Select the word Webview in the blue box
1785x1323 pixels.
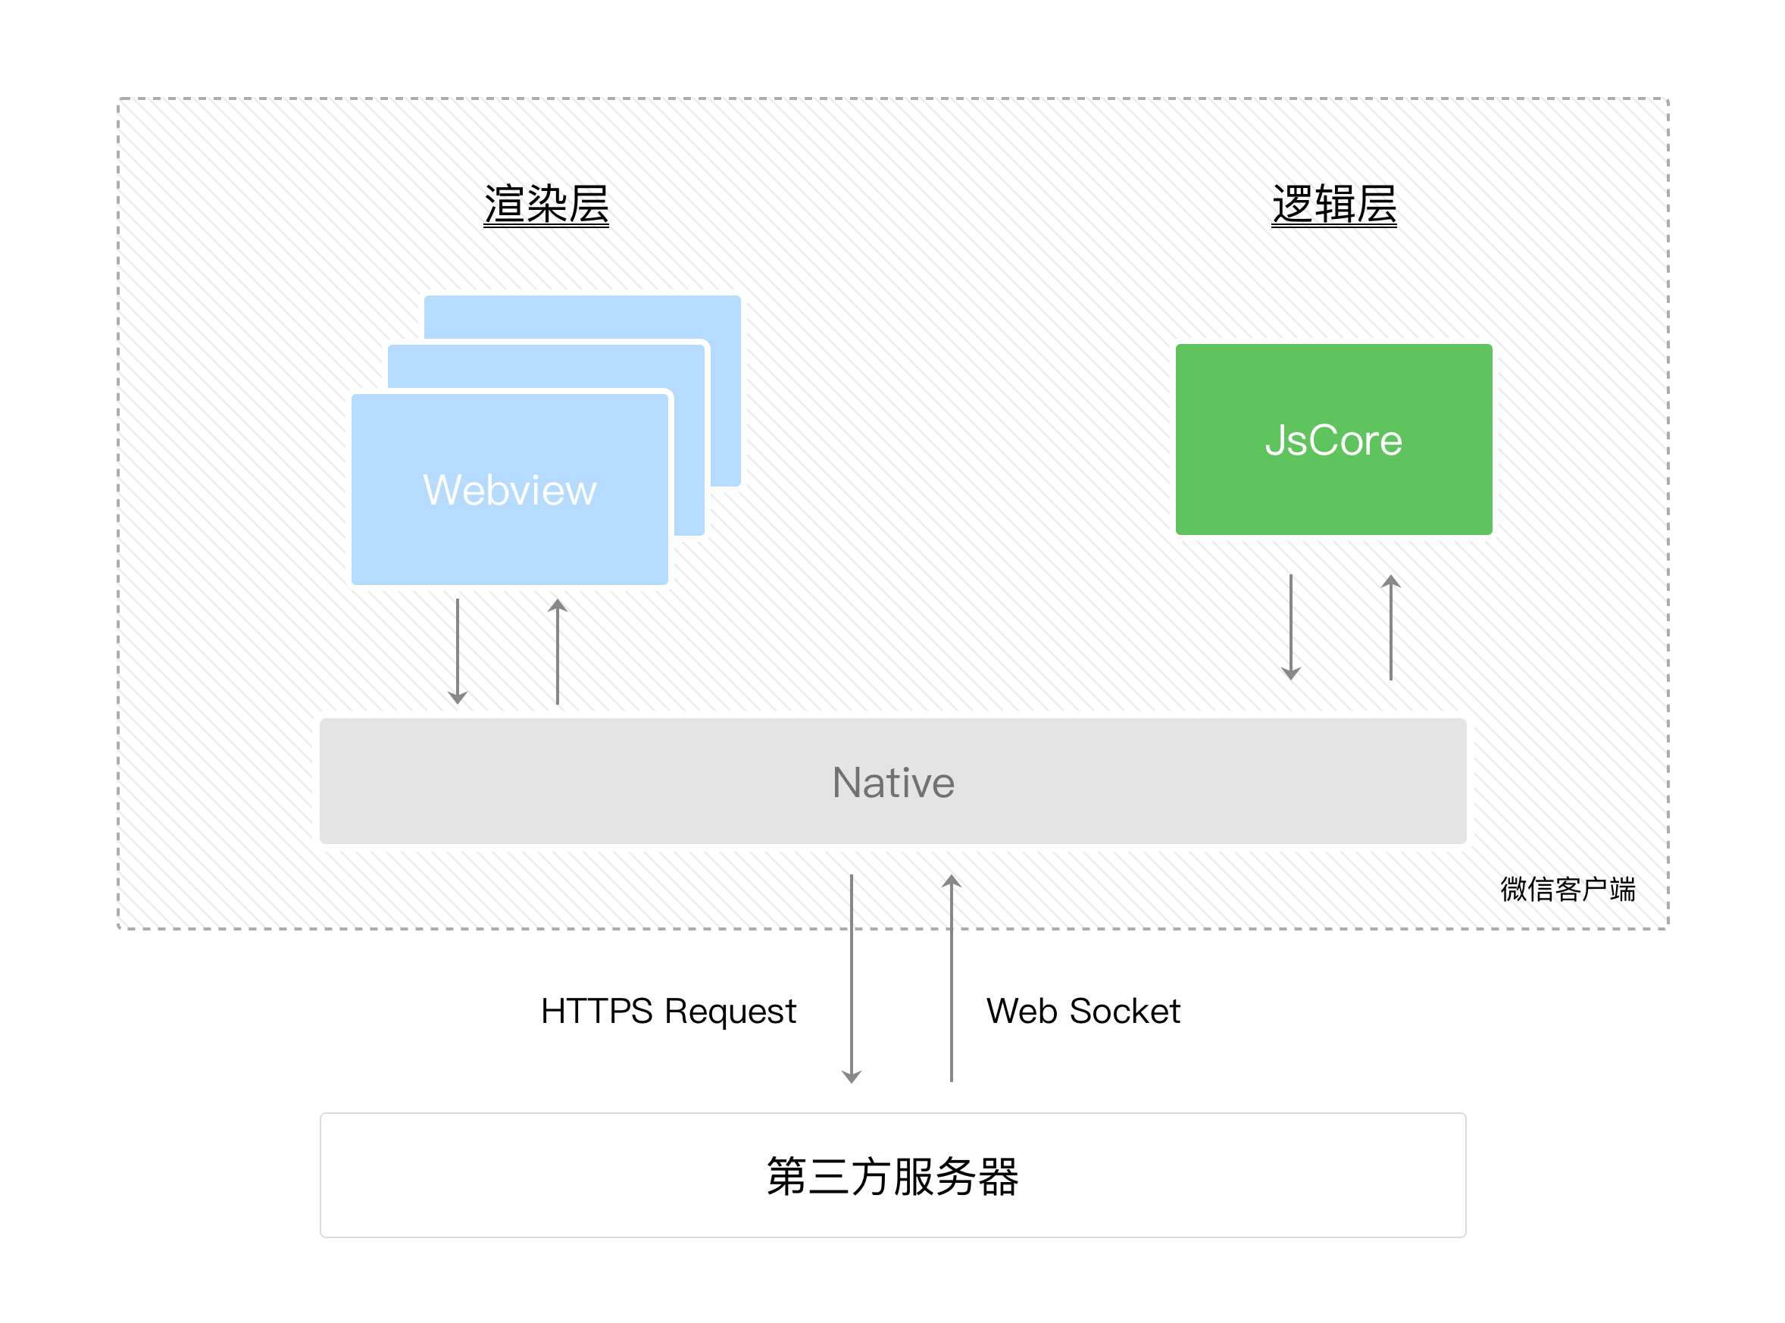click(x=509, y=489)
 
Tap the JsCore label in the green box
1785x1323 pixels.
click(x=1333, y=439)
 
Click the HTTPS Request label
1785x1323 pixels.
click(x=668, y=1011)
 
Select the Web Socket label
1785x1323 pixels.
click(x=1083, y=1011)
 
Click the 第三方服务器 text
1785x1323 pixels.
click(x=892, y=1176)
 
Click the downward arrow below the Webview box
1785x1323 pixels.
click(x=458, y=650)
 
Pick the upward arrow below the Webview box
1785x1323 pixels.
click(x=558, y=650)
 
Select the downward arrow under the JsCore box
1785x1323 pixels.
click(x=1290, y=626)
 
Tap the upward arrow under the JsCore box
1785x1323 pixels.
click(x=1390, y=626)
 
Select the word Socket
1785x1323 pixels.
click(x=1124, y=1011)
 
